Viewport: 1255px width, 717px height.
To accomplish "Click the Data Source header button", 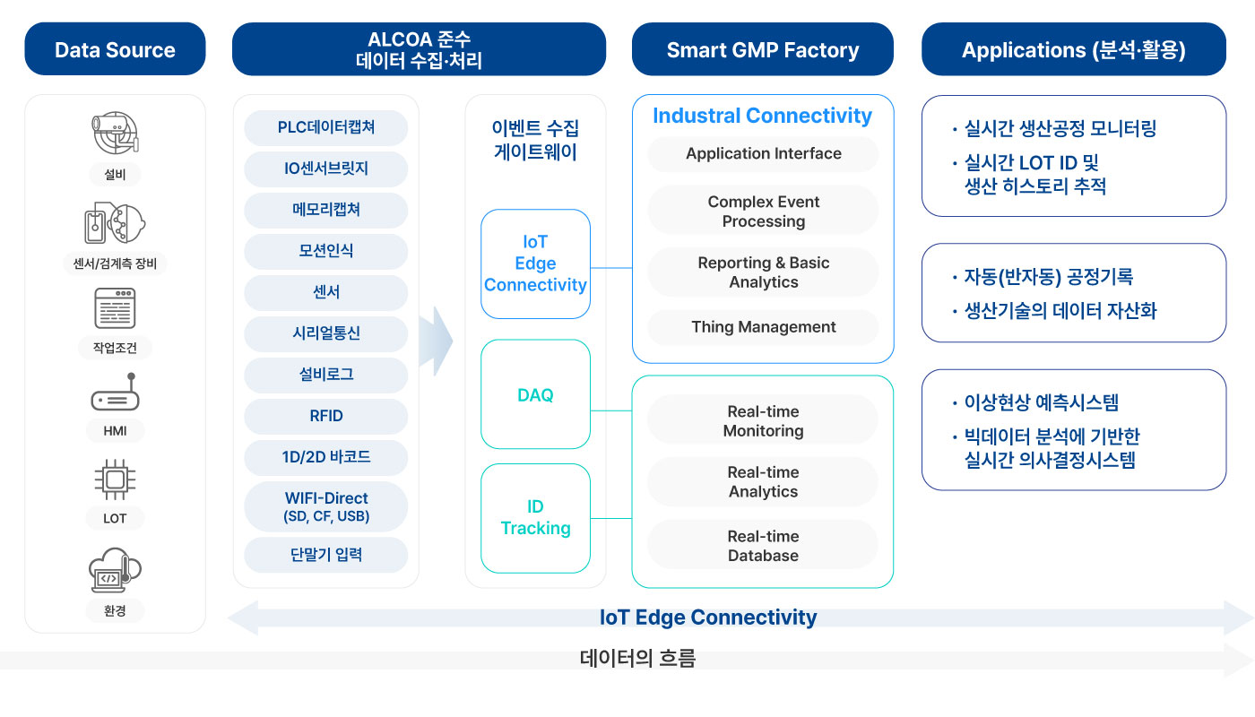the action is click(115, 49).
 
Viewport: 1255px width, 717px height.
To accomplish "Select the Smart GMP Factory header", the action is click(763, 49).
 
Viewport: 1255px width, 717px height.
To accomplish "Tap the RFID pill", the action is click(326, 416).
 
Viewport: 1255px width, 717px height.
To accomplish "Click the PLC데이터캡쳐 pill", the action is click(326, 127).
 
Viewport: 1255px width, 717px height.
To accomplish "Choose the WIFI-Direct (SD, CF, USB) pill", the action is click(326, 506).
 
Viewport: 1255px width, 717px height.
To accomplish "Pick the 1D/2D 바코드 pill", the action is click(326, 457).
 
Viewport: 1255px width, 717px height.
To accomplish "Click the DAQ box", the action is click(536, 394).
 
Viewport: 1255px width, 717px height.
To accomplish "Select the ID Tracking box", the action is click(536, 518).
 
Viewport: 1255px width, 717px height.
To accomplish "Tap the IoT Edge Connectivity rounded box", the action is click(536, 263).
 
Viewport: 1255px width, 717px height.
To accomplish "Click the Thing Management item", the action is click(763, 327).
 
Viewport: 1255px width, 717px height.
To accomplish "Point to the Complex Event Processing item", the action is click(763, 211).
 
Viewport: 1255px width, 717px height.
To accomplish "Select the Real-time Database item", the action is click(763, 546).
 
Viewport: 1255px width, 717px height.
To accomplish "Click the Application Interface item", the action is click(763, 153).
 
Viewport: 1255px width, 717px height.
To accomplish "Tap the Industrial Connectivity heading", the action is click(763, 116).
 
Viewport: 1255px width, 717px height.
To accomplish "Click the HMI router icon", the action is click(116, 393).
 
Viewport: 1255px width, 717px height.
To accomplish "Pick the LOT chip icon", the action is click(115, 479).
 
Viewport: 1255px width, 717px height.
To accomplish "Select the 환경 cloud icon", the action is click(115, 570).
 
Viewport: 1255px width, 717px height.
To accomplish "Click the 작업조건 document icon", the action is click(115, 308).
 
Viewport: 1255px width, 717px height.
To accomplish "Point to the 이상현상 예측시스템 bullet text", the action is click(1041, 402).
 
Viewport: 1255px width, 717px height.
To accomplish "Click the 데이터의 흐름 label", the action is click(637, 658).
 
